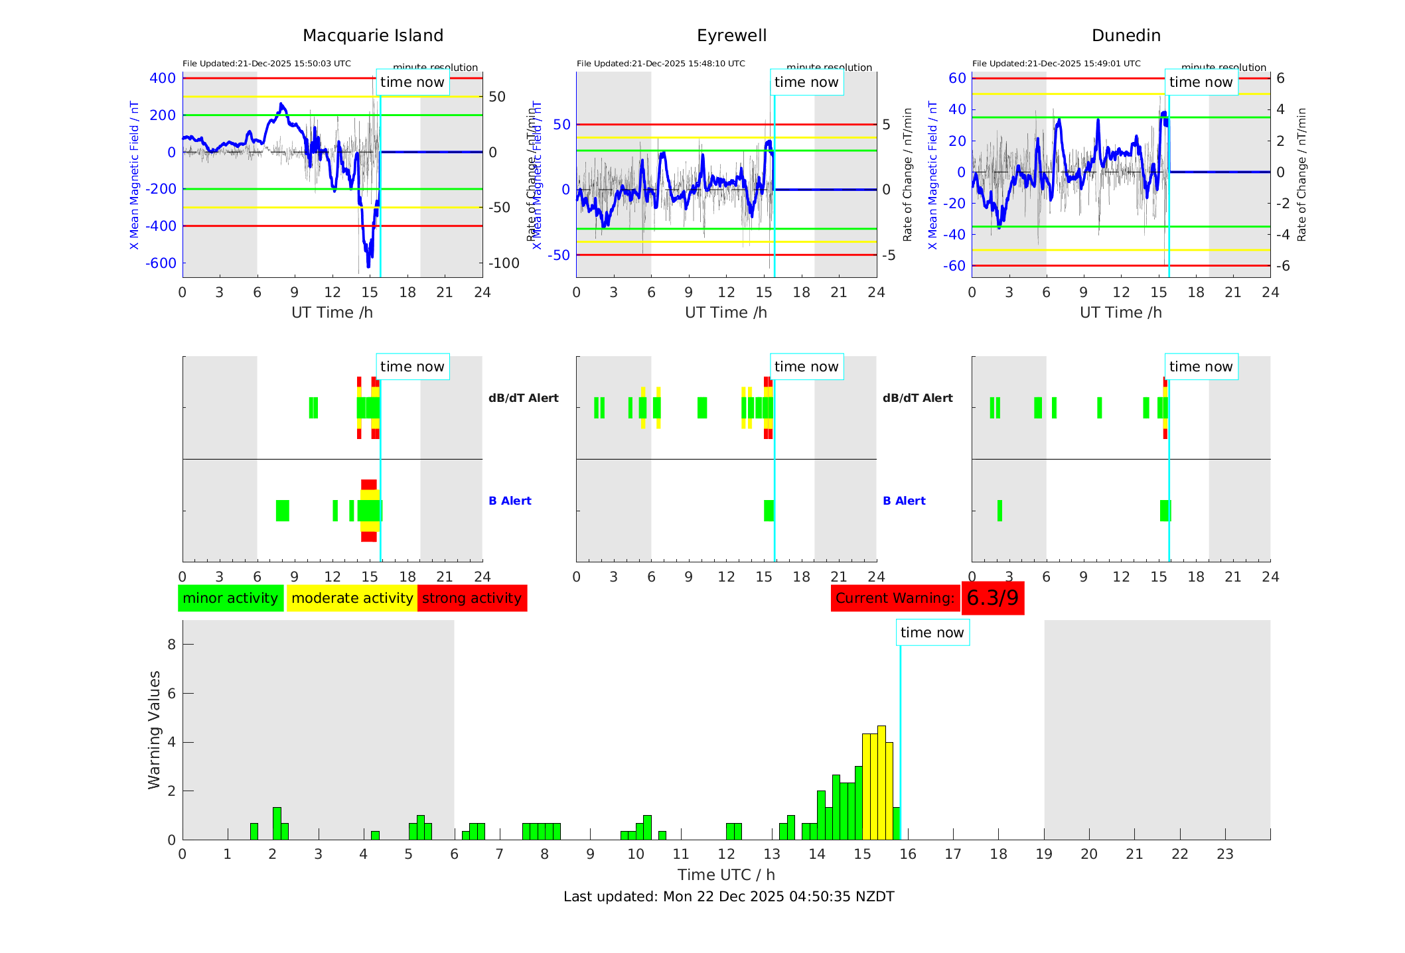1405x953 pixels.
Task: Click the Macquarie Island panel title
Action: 372,35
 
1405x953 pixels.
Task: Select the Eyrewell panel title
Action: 731,35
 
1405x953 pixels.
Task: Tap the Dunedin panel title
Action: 1126,35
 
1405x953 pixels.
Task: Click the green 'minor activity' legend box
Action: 230,598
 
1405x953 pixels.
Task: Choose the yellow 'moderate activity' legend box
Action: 352,598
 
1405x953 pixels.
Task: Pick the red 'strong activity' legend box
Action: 472,598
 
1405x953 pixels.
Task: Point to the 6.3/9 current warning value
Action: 992,598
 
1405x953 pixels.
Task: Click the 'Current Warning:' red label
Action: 895,598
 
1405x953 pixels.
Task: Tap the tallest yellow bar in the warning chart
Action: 881,783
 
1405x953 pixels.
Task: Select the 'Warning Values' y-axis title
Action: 154,730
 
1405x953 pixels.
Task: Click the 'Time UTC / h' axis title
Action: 726,875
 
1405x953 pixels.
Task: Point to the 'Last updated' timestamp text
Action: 729,897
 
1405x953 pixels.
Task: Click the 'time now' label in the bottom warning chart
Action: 932,633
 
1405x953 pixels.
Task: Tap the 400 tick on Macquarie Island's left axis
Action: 163,78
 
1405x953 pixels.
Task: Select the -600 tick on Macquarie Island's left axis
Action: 161,263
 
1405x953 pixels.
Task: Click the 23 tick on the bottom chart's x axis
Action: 1224,854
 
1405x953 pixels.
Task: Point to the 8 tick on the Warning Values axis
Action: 171,645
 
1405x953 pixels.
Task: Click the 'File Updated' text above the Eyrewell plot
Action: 660,64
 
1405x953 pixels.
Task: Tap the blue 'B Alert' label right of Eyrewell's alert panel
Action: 904,501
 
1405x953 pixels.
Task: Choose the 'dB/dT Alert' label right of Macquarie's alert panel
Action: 523,398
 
